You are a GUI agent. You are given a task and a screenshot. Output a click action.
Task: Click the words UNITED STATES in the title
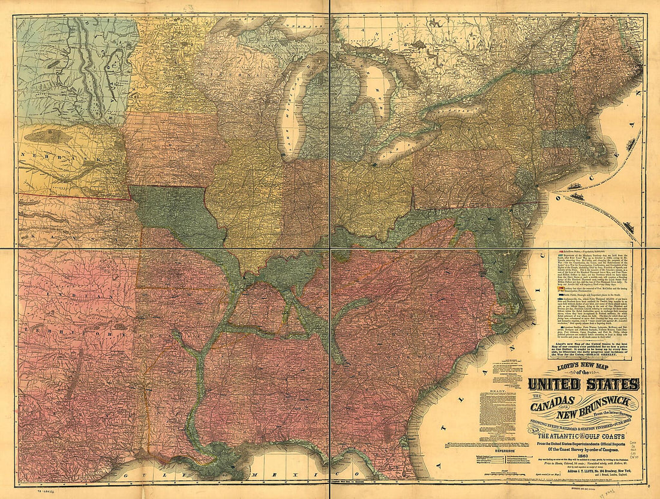583,384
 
